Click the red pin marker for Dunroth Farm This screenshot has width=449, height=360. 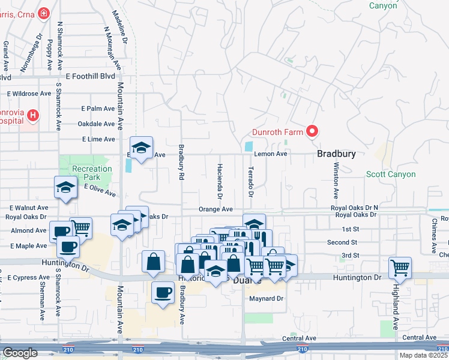(312, 130)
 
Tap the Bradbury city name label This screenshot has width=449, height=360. (336, 154)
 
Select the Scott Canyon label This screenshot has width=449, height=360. (391, 174)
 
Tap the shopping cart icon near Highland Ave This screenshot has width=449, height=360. (400, 268)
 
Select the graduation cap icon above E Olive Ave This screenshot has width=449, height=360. (65, 188)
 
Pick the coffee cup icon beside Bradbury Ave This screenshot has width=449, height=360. (162, 293)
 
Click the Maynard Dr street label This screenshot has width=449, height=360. (266, 298)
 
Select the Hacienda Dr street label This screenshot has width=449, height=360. (220, 181)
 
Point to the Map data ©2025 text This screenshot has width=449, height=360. (423, 355)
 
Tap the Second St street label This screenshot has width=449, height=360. (343, 242)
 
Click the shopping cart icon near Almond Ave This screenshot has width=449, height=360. (81, 228)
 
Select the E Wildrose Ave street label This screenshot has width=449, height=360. (29, 94)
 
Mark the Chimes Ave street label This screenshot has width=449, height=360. (433, 231)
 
